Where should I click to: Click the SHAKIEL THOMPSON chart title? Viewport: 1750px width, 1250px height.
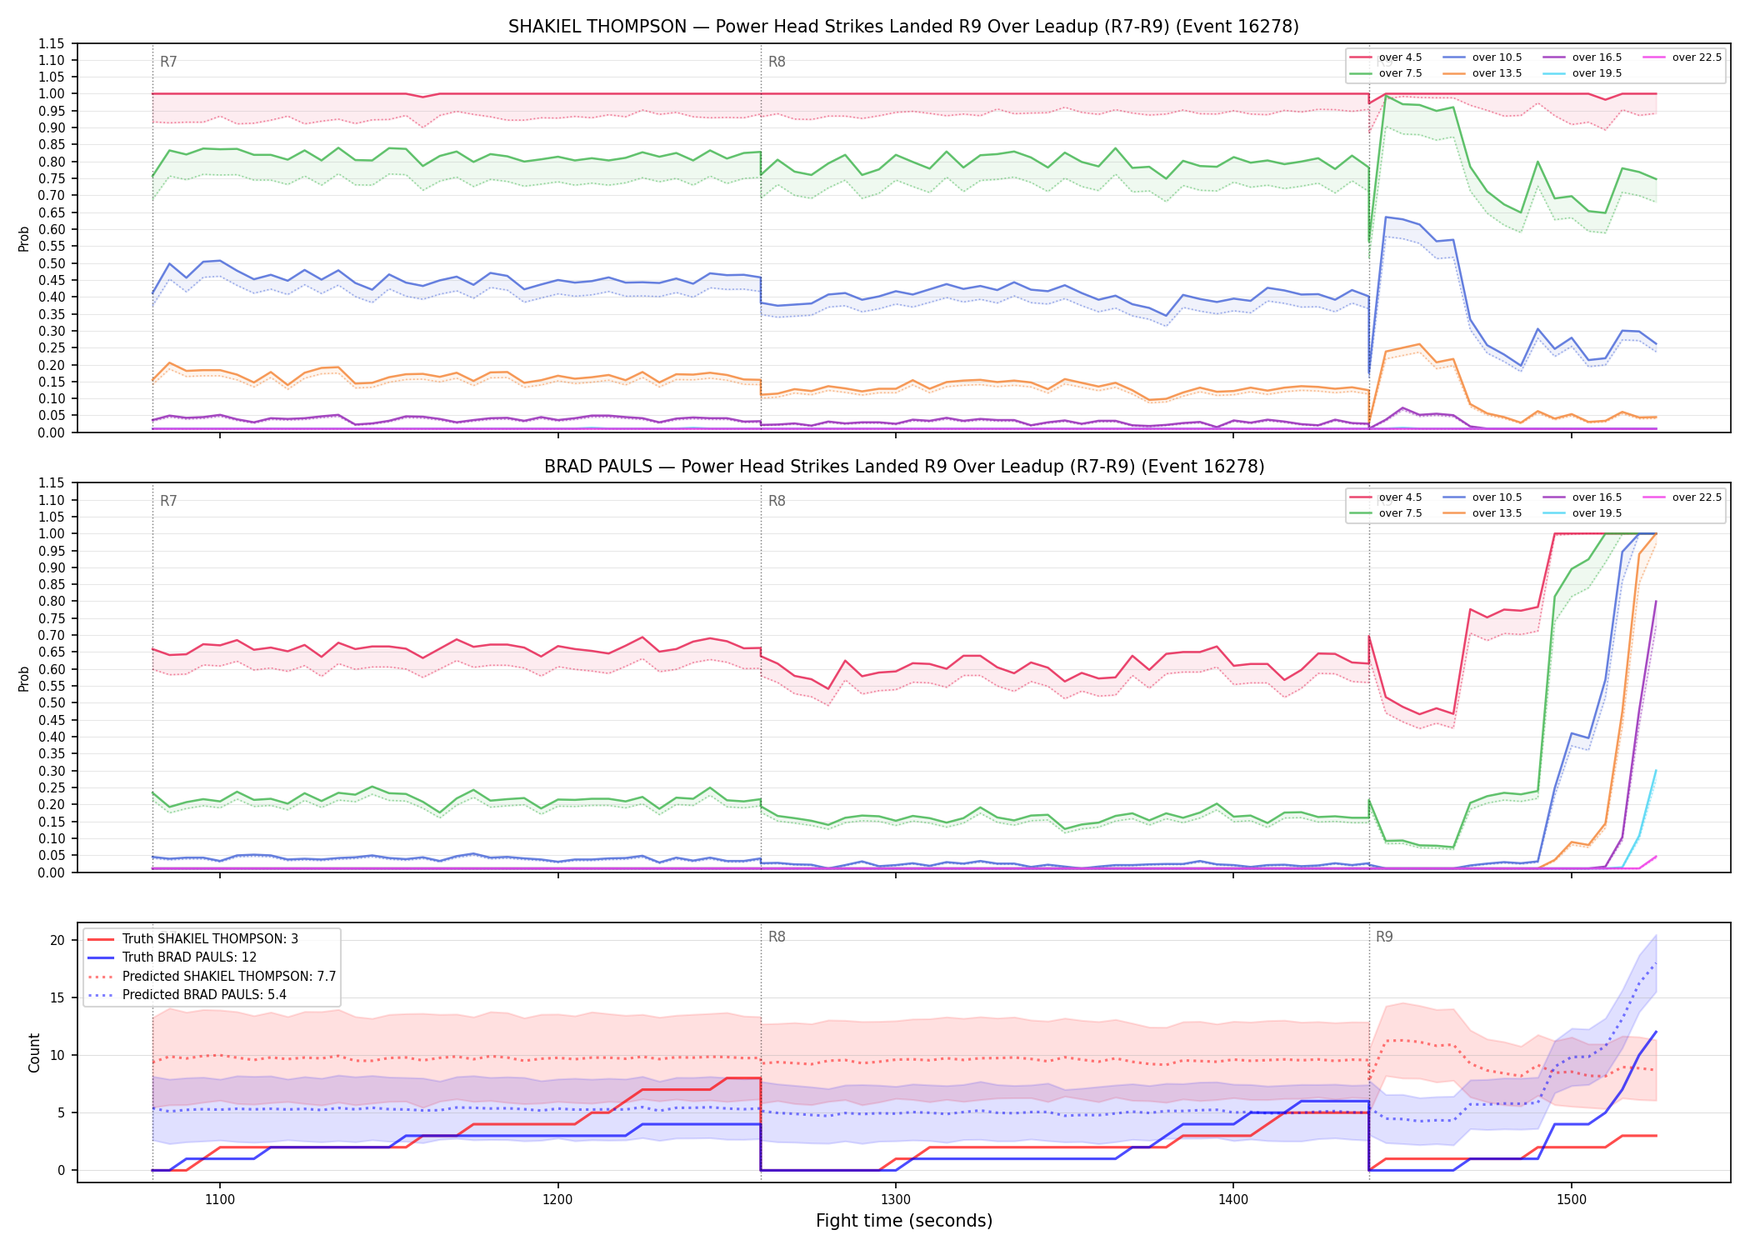click(903, 27)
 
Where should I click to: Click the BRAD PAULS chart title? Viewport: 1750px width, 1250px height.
click(904, 467)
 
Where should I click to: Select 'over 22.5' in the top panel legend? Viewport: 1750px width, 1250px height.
click(1697, 57)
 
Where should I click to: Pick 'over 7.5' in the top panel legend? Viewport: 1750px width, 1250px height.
click(1400, 73)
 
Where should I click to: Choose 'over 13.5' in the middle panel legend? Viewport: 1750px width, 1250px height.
click(1497, 513)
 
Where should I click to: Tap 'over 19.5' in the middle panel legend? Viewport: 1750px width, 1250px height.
click(1597, 513)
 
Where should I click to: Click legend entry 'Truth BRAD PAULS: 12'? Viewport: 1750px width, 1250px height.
click(189, 957)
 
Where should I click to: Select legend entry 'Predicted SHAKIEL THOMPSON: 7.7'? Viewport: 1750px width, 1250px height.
click(229, 976)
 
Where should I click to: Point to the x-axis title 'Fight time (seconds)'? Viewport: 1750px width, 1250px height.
click(904, 1221)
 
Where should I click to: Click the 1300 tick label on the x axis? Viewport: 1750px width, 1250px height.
click(896, 1200)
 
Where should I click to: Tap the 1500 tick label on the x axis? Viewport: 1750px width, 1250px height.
click(1571, 1200)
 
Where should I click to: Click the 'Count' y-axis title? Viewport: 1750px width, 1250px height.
click(34, 1052)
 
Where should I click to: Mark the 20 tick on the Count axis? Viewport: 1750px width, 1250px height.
click(57, 940)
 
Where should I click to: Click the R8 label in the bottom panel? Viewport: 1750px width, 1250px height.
click(777, 937)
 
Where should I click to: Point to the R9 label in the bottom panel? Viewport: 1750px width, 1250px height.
click(1384, 937)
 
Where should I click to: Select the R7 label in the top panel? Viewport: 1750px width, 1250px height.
click(168, 62)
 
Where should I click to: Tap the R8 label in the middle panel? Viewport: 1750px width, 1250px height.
click(777, 501)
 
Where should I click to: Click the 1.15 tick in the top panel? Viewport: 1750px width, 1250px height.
click(52, 43)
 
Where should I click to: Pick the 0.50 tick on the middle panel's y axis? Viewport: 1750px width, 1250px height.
click(52, 702)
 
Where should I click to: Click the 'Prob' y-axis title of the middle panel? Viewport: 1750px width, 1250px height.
click(24, 678)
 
